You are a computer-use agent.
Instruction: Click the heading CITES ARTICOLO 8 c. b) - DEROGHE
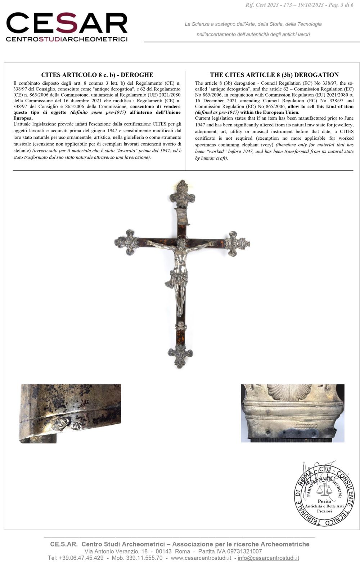[x=97, y=75]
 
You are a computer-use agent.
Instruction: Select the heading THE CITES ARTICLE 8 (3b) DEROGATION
[x=274, y=75]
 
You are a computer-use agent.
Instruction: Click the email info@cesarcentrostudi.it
[x=268, y=558]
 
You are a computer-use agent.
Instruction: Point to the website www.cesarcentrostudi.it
[x=201, y=558]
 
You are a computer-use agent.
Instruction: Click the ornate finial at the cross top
[x=183, y=195]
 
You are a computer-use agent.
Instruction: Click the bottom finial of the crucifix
[x=180, y=356]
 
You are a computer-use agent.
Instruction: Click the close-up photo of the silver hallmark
[x=70, y=414]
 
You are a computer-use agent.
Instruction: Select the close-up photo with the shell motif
[x=292, y=413]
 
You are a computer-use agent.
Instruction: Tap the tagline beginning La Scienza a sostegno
[x=253, y=24]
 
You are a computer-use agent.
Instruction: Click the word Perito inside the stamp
[x=324, y=501]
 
